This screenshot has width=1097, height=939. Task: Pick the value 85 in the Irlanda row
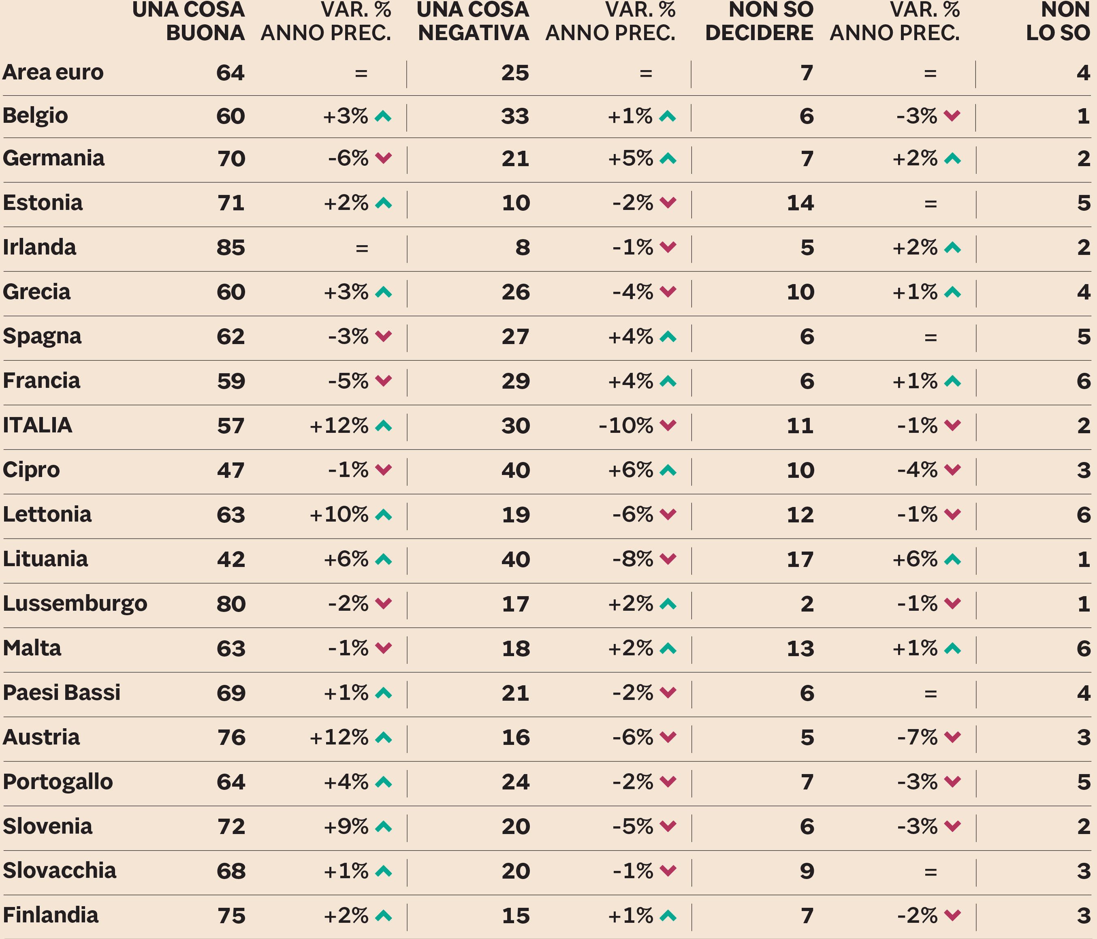point(231,247)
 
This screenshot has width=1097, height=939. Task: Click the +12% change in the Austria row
point(339,737)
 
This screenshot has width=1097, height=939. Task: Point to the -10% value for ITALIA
point(626,425)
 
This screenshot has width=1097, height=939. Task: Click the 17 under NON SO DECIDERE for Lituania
point(800,559)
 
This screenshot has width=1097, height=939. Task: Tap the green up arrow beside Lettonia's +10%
point(383,514)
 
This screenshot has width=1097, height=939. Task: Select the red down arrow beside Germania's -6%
point(383,158)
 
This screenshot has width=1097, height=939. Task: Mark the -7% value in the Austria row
point(918,737)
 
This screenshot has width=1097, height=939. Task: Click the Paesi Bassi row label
point(62,693)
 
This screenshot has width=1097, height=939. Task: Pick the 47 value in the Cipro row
point(231,470)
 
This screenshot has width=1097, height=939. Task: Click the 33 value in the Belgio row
point(515,116)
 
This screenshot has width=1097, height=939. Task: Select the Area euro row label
point(53,73)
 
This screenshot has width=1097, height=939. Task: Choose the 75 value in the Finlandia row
point(231,915)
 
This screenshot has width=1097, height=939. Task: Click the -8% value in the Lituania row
point(633,559)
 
